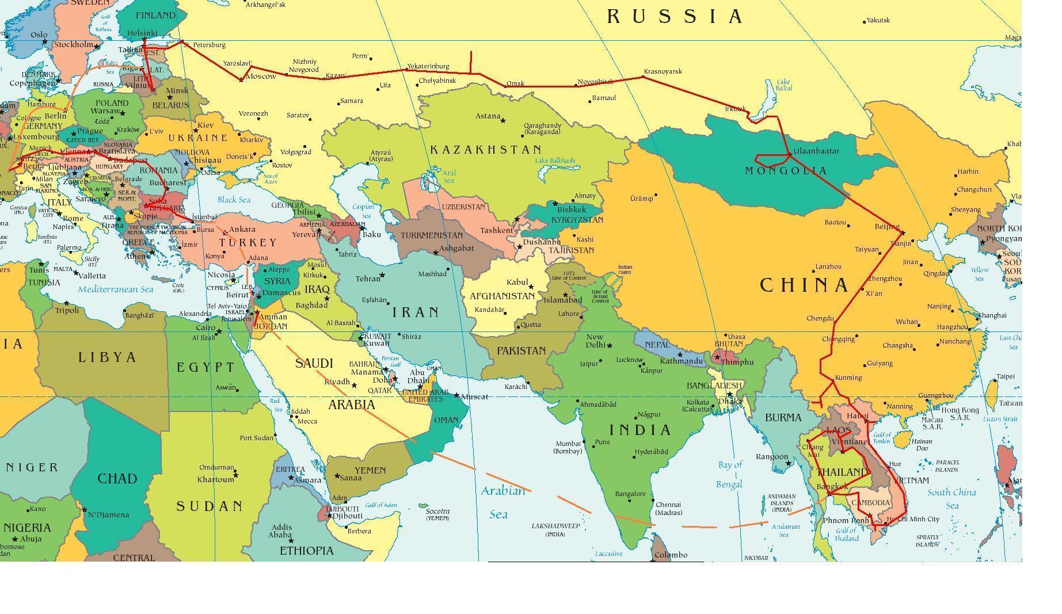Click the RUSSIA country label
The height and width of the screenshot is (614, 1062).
(675, 16)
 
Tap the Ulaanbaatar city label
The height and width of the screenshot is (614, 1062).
(816, 151)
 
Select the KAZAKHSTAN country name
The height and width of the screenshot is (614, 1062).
(486, 150)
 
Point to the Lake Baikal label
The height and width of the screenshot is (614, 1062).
(783, 85)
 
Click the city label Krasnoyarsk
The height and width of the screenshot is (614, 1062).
(663, 71)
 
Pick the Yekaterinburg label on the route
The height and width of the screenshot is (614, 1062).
(428, 66)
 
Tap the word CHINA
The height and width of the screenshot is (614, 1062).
(805, 285)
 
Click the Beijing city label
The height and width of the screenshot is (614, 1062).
(886, 227)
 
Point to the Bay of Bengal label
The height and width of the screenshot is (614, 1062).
(730, 474)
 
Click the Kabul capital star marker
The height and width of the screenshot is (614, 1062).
(531, 287)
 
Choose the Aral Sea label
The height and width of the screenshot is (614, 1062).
(449, 176)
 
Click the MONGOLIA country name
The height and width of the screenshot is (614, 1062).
(786, 171)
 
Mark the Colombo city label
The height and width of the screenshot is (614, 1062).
(671, 555)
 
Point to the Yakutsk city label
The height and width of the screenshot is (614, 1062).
(878, 20)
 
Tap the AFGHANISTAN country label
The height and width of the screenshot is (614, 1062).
(503, 296)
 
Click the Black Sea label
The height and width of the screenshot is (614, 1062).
(234, 200)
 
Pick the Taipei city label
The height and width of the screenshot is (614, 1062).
(1005, 376)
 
